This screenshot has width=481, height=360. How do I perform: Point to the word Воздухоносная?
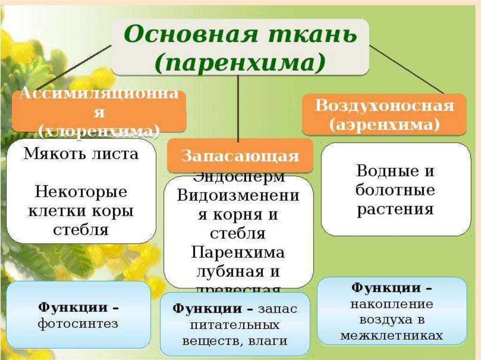[x=384, y=106]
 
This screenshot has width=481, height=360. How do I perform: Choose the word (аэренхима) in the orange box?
[x=384, y=125]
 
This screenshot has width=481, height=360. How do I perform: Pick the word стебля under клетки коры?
[x=81, y=230]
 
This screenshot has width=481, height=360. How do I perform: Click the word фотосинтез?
[x=78, y=323]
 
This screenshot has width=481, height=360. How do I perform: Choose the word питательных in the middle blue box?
[x=235, y=324]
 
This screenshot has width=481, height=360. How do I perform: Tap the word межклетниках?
[x=391, y=335]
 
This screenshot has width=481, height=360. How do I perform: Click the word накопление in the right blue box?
[x=391, y=304]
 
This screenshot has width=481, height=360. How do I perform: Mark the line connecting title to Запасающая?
[x=239, y=108]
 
